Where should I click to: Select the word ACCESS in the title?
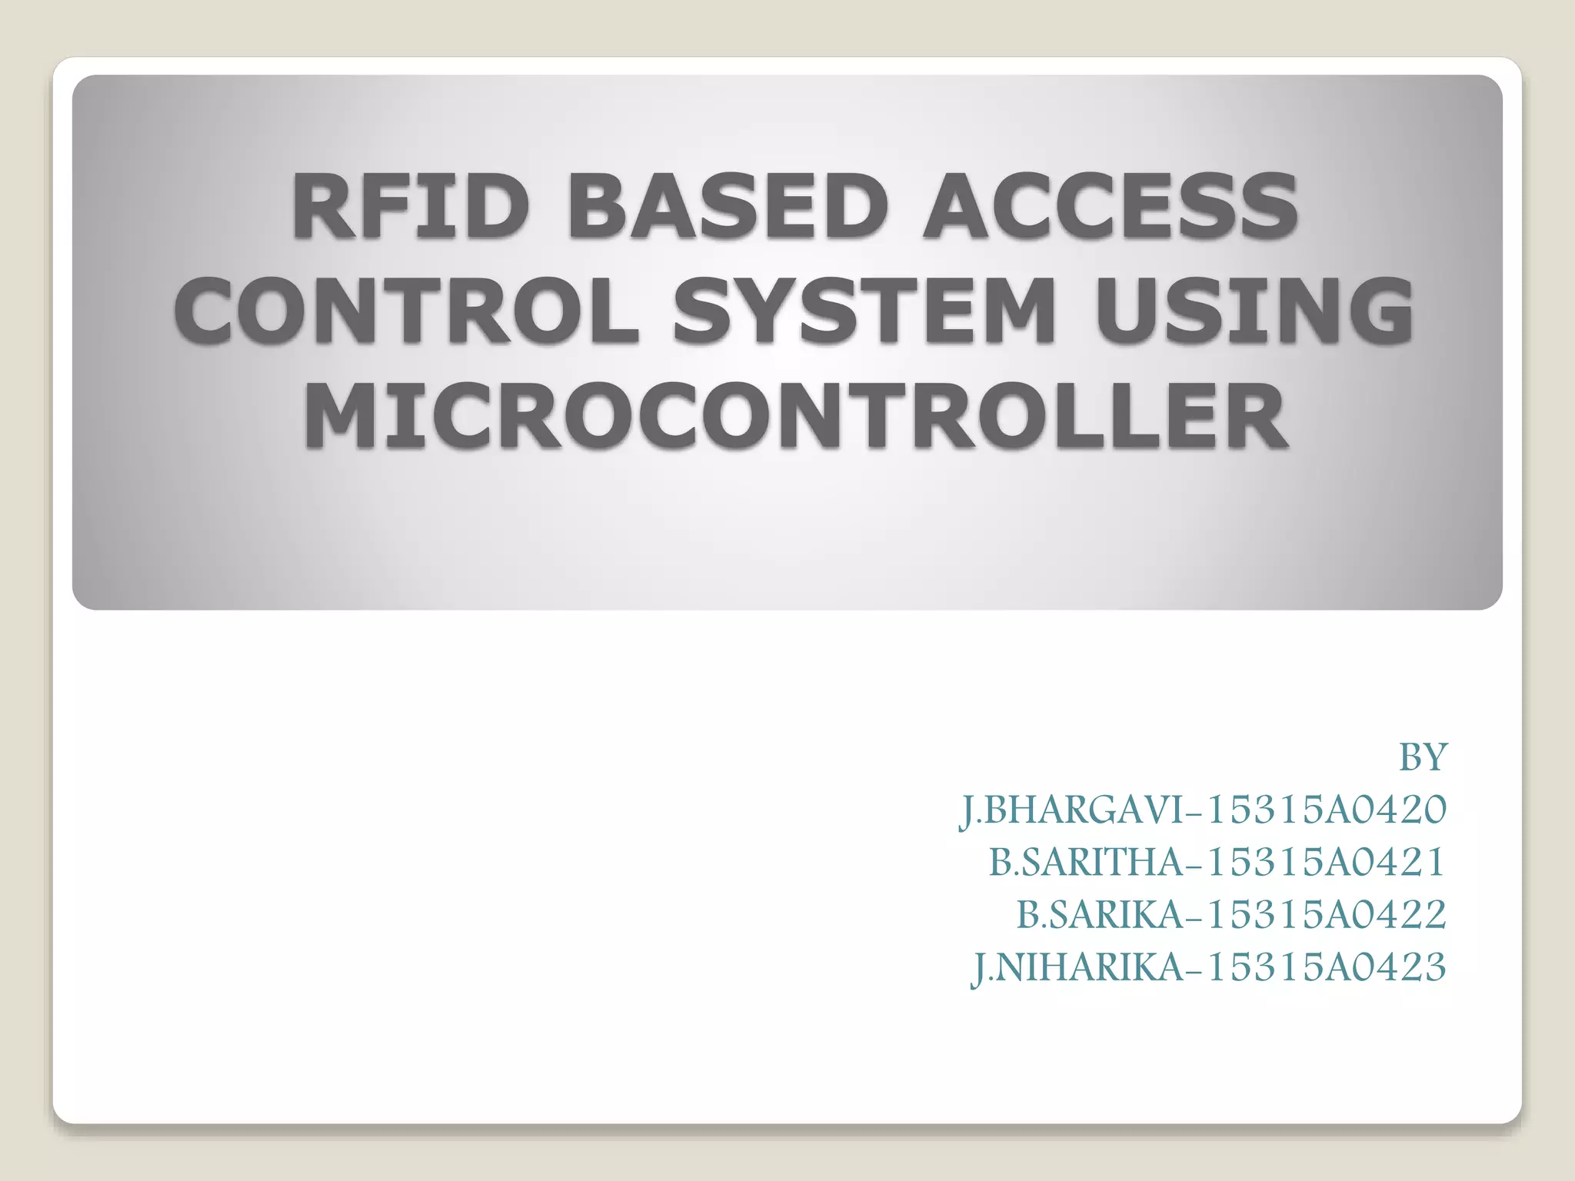point(1110,205)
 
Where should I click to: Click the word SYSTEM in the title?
point(863,310)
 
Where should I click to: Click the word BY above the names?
point(1423,757)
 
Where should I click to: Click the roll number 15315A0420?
point(1326,810)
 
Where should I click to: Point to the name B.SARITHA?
point(1087,862)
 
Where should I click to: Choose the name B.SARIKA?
point(1101,914)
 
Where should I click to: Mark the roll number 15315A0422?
point(1326,914)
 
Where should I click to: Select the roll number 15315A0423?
point(1326,967)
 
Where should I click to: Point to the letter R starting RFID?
point(316,205)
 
